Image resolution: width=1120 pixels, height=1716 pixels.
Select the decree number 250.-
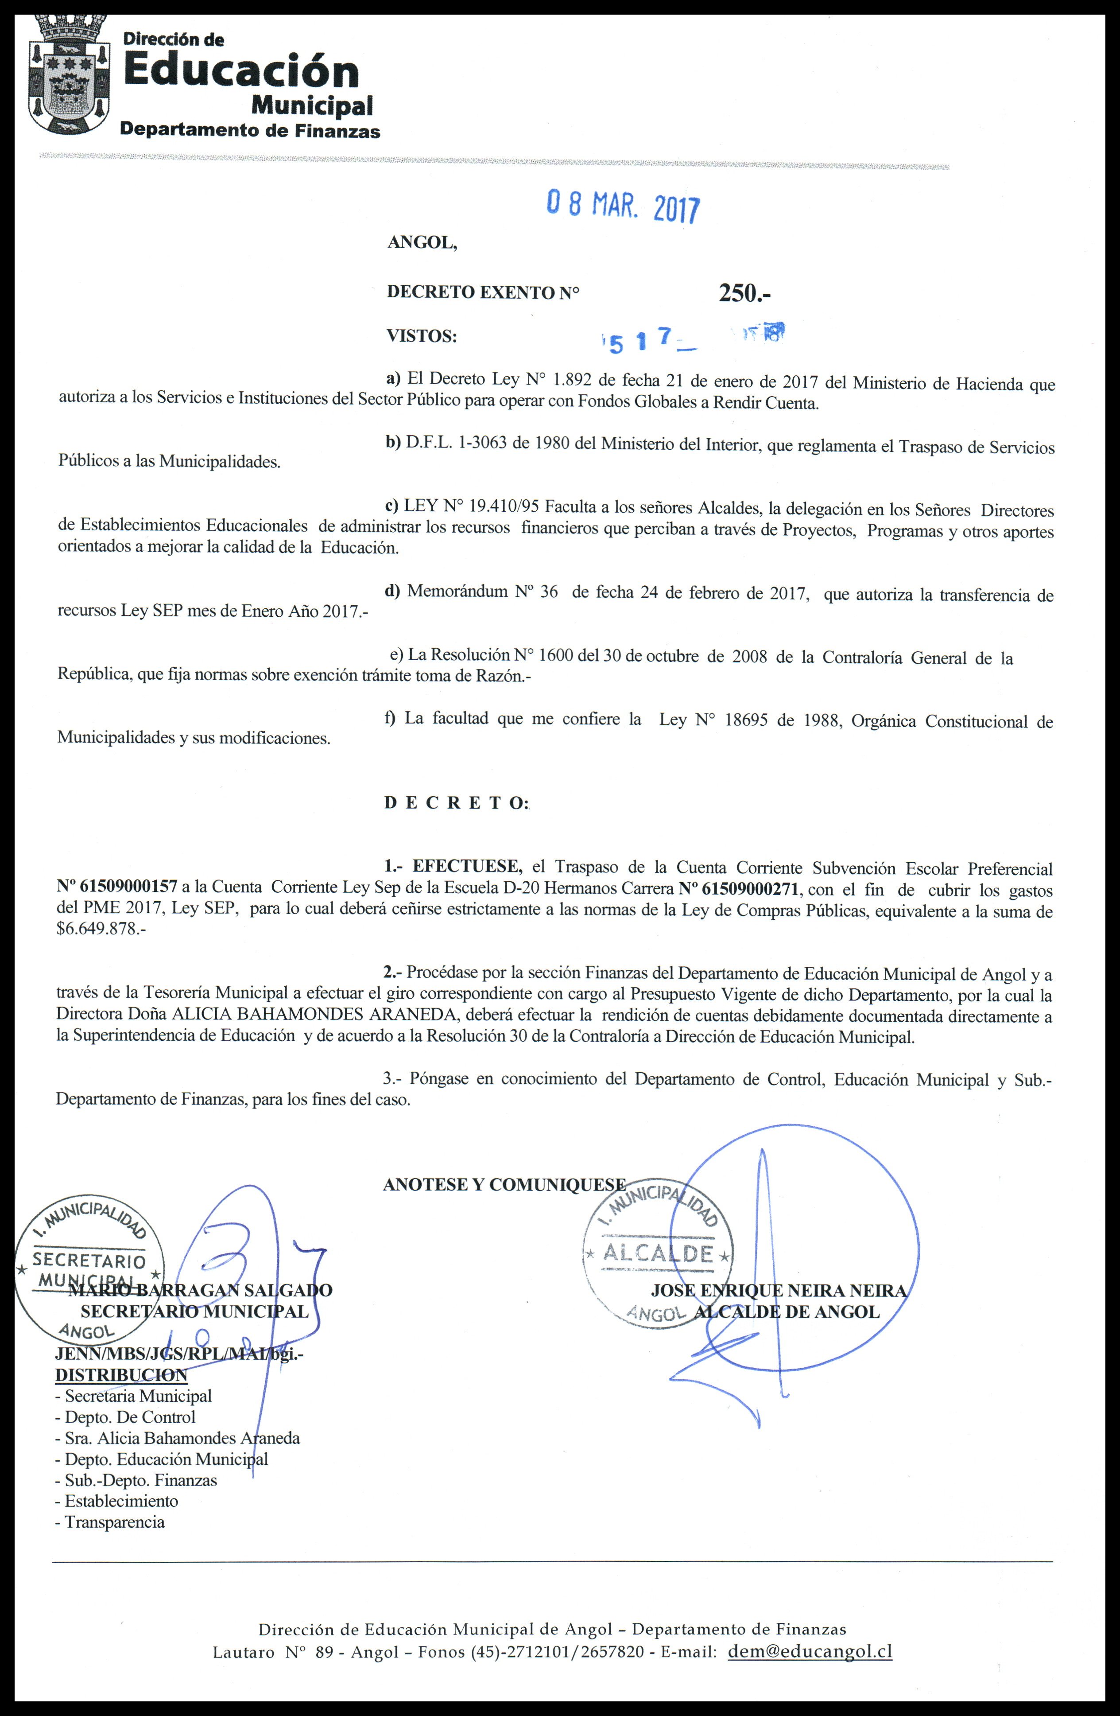pyautogui.click(x=745, y=293)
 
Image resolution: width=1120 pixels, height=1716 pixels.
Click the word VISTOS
pyautogui.click(x=422, y=336)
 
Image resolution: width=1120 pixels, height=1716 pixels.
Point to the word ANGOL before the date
pyautogui.click(x=422, y=243)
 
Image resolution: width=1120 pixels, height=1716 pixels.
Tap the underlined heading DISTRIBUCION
pyautogui.click(x=121, y=1375)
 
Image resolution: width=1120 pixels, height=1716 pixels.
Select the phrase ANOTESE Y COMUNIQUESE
pyautogui.click(x=504, y=1185)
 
